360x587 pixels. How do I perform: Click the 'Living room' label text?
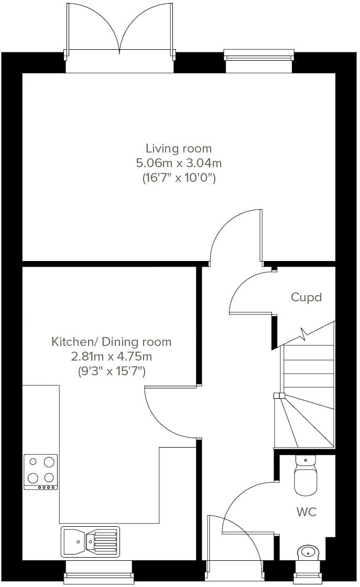[x=179, y=148]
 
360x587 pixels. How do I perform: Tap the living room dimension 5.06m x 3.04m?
[x=179, y=163]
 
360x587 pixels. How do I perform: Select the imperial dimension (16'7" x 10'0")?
[x=179, y=178]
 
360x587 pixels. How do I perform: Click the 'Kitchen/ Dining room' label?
[x=111, y=342]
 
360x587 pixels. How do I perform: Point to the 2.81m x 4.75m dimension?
[x=111, y=357]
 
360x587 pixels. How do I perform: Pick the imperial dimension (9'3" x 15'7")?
[x=111, y=372]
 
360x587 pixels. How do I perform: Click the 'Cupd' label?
[x=306, y=297]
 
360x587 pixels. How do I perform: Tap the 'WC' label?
[x=307, y=512]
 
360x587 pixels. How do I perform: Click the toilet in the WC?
[x=307, y=477]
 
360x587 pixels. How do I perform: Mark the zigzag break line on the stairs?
[x=304, y=332]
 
